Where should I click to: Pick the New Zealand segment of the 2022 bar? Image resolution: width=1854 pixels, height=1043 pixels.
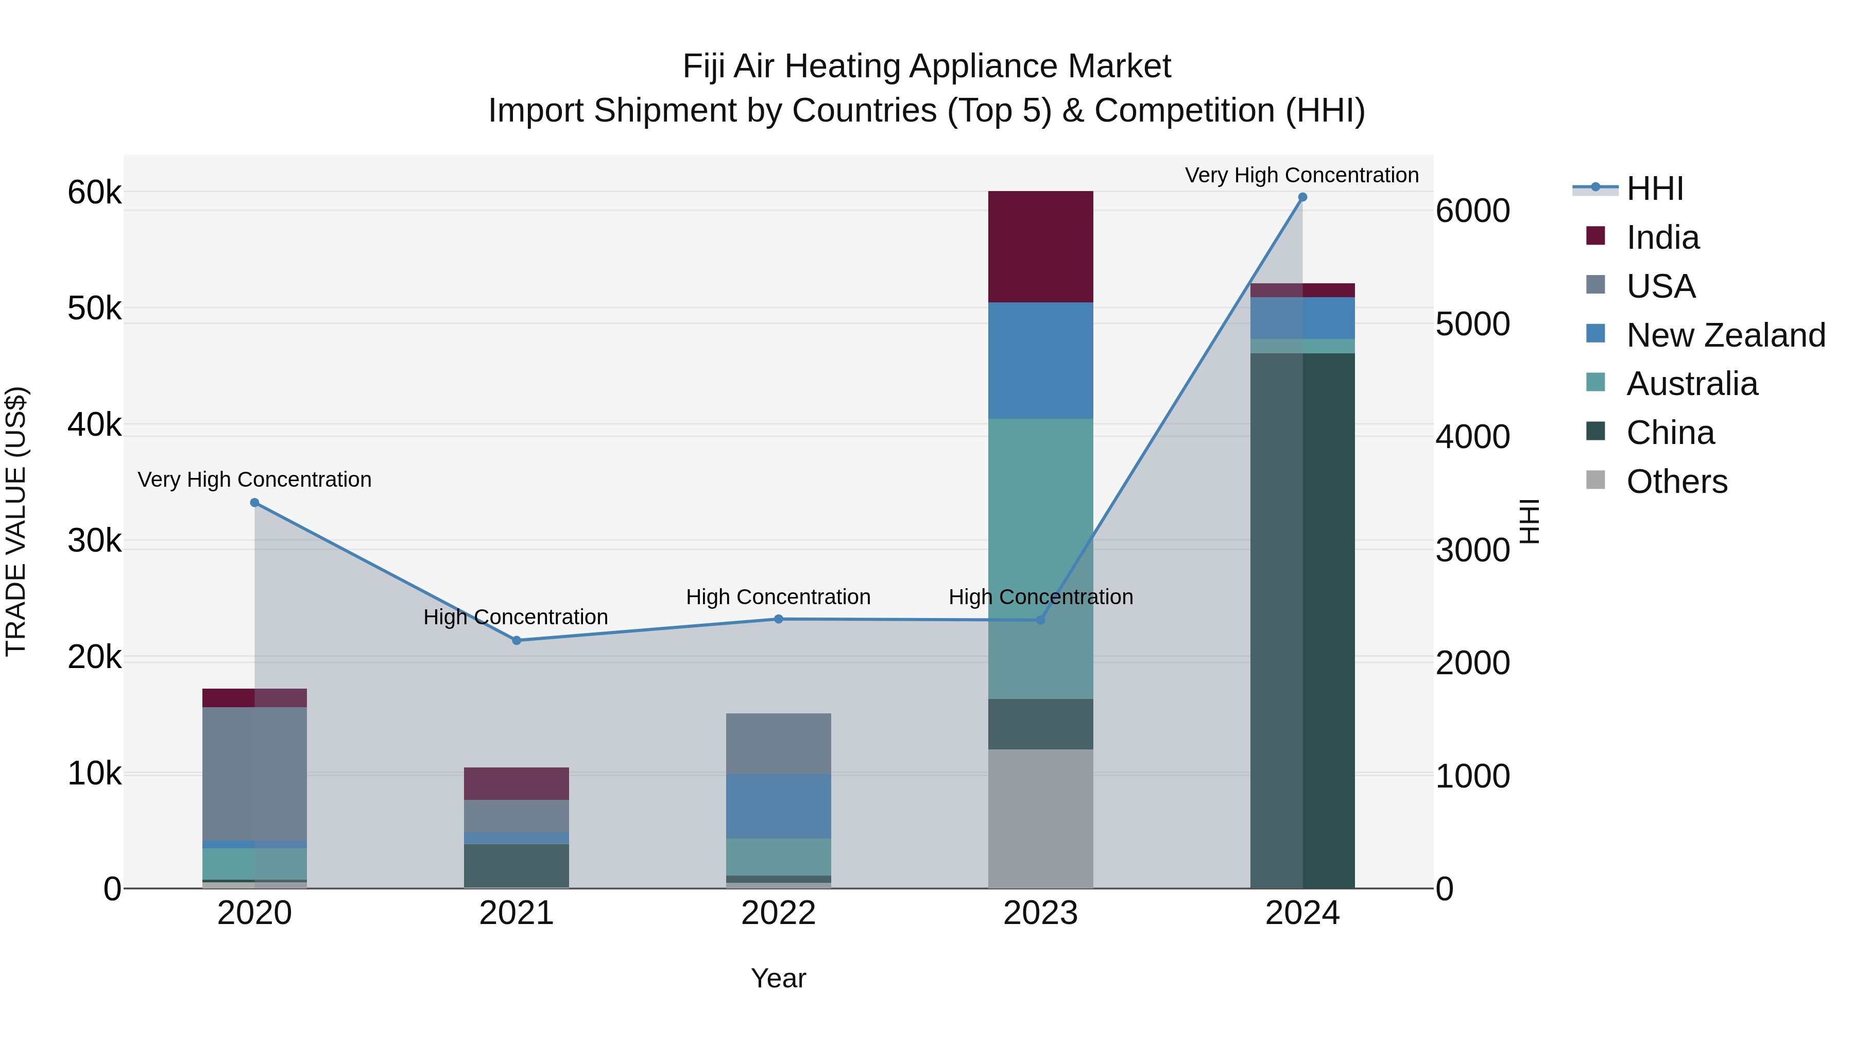[x=778, y=806]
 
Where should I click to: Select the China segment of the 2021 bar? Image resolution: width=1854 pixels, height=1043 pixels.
[x=516, y=865]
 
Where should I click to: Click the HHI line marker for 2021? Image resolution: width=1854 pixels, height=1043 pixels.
[x=516, y=640]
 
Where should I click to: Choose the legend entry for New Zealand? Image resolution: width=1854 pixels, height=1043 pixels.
[x=1725, y=335]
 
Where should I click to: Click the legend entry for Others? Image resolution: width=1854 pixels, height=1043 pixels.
[x=1676, y=481]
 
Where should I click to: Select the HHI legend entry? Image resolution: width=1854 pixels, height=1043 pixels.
[x=1654, y=189]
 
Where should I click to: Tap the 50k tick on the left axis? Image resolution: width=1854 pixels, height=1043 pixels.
[x=94, y=309]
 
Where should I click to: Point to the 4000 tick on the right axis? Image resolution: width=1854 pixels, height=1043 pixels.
[x=1472, y=437]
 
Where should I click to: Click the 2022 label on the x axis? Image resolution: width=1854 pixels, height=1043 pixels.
[x=778, y=913]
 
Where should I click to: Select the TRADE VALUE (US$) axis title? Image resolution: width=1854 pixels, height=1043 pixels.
[x=16, y=521]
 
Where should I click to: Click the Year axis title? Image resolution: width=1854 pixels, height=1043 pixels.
[x=778, y=978]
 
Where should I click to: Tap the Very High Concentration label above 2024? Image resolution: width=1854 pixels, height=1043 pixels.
[x=1301, y=175]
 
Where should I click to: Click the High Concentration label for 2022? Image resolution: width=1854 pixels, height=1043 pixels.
[x=778, y=597]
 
